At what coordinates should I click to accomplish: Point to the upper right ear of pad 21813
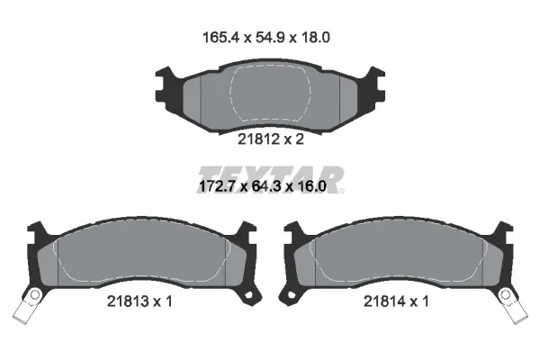coord(242,236)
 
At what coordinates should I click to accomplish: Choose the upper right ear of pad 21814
coord(504,236)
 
